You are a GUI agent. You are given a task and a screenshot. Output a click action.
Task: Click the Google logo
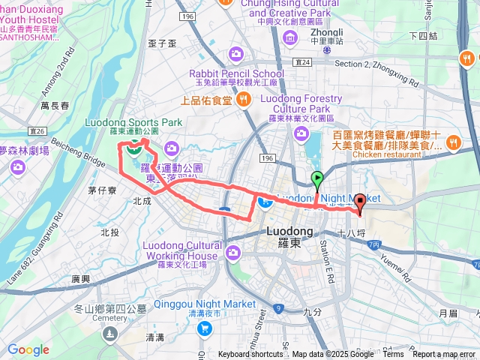tap(28, 349)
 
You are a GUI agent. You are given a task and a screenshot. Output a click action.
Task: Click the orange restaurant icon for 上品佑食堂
tap(243, 99)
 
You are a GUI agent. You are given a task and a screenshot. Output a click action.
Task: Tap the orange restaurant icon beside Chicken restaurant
tap(454, 142)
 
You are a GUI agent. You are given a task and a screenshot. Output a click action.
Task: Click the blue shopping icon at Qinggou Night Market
tap(204, 328)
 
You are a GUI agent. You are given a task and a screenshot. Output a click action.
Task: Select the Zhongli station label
tap(327, 33)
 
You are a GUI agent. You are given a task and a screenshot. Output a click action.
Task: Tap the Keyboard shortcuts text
tap(250, 355)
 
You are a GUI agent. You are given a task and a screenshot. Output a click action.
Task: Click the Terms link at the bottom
tap(392, 355)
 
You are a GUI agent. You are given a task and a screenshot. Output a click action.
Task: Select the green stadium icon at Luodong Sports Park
tap(133, 146)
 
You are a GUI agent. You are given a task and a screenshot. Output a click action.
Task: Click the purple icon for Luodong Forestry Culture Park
tap(301, 133)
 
